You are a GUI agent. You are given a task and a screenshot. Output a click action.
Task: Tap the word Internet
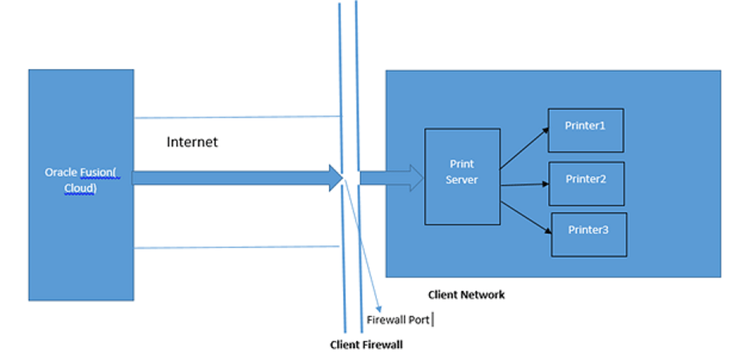click(192, 142)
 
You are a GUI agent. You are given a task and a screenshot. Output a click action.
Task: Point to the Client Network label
click(466, 295)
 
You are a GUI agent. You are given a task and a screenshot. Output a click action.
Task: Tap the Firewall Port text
click(398, 320)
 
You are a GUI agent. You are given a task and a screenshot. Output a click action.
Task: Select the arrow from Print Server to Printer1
click(524, 148)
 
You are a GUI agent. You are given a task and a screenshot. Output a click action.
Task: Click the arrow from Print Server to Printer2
click(524, 184)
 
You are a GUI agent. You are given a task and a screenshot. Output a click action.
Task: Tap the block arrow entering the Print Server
click(389, 177)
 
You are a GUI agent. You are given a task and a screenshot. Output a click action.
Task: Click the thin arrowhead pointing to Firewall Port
click(378, 308)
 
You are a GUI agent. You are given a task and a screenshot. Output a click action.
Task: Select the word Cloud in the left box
click(79, 188)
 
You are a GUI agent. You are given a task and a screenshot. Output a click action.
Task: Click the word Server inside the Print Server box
click(462, 180)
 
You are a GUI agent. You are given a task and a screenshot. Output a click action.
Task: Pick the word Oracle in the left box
click(59, 172)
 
